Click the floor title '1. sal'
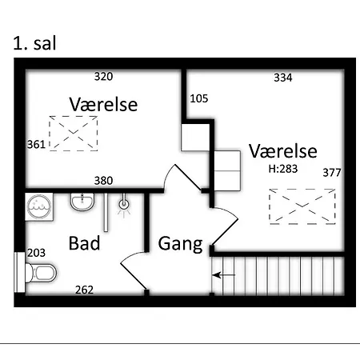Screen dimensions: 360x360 [34, 43]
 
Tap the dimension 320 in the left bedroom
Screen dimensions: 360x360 [103, 77]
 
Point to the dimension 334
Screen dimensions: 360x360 [283, 78]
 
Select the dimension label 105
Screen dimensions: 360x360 [199, 98]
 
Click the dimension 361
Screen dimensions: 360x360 [36, 145]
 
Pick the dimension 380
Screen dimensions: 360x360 [103, 181]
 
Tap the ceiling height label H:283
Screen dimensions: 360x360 [283, 169]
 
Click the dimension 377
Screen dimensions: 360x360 [332, 173]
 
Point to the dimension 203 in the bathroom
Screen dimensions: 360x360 [36, 253]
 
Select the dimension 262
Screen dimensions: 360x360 [84, 290]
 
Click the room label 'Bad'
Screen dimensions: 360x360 [84, 243]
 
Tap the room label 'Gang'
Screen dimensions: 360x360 [180, 244]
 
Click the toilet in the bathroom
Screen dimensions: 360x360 [41, 273]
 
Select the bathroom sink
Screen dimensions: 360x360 [82, 202]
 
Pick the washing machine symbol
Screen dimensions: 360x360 [39, 206]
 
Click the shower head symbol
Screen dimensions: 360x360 [124, 205]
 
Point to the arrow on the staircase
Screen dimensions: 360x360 [223, 275]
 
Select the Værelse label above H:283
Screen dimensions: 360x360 [283, 151]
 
